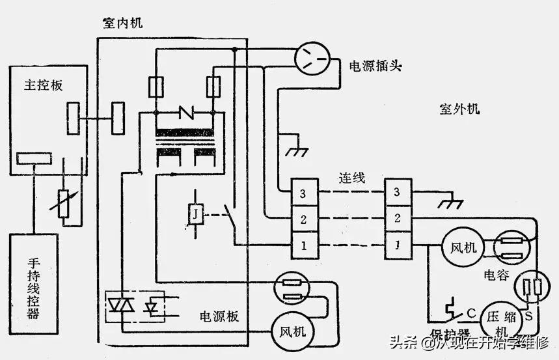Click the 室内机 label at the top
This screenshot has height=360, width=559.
click(122, 23)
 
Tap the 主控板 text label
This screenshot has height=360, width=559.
click(43, 85)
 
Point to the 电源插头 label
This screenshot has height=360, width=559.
click(375, 67)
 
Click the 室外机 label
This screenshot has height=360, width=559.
click(459, 109)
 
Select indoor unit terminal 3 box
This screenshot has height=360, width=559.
click(303, 193)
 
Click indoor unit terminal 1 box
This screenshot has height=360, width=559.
click(303, 245)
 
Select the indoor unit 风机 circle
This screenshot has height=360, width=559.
click(290, 330)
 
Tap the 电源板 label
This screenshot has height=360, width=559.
click(219, 317)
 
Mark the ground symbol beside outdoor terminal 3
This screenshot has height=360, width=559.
click(449, 204)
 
